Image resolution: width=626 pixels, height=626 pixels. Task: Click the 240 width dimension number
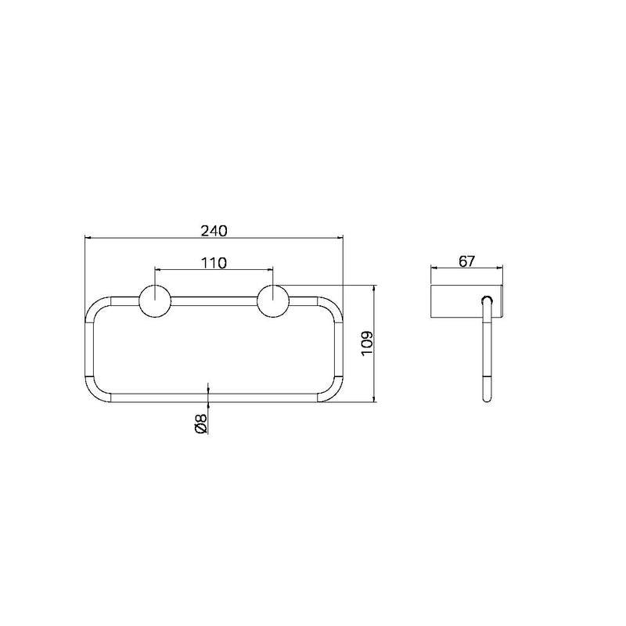214,231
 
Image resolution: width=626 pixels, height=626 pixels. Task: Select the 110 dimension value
214,263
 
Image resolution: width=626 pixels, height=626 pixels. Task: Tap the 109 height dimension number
367,344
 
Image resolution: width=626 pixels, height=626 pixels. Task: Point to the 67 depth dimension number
466,261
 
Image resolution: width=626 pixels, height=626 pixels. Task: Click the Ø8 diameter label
201,423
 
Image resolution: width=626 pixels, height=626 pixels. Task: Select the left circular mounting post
155,301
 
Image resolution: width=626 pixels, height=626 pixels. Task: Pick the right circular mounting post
273,301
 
